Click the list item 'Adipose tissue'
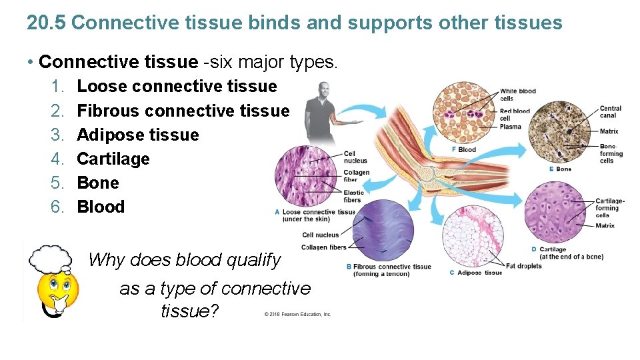pos(137,135)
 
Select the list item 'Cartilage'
pos(113,159)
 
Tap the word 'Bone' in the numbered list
pos(98,183)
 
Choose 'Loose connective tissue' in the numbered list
pos(177,86)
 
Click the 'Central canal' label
pos(610,112)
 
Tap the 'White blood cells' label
pos(517,95)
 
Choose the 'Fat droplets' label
pos(523,266)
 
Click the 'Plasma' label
pos(510,127)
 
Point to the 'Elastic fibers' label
pos(353,196)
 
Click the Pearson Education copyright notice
pos(297,314)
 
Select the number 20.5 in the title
pos(46,23)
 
